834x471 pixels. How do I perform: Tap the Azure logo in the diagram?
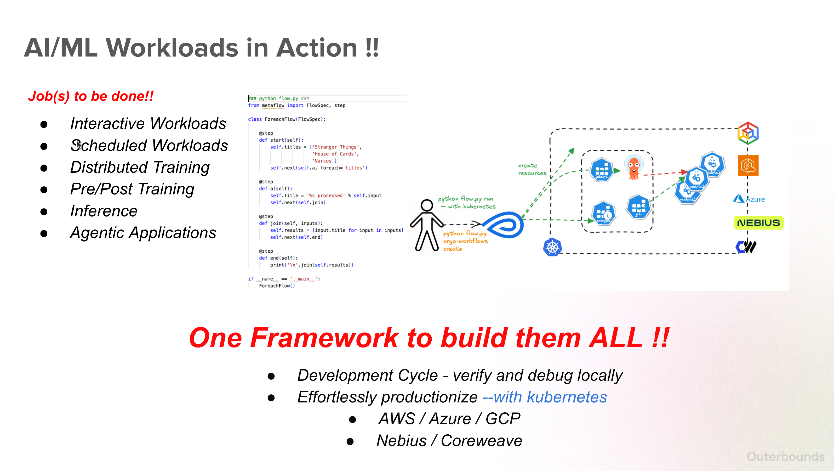(749, 199)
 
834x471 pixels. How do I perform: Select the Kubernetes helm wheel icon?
(552, 248)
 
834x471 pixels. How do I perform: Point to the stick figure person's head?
(427, 205)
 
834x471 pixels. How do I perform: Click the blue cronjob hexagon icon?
(603, 213)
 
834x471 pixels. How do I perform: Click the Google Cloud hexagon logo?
(748, 133)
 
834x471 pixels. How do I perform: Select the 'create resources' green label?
(532, 169)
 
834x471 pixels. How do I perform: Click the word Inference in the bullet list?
(104, 211)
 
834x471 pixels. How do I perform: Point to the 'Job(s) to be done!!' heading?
(91, 96)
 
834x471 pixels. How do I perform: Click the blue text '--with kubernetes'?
(545, 397)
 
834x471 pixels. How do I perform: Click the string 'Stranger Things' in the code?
(335, 147)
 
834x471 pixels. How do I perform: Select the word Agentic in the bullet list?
(97, 233)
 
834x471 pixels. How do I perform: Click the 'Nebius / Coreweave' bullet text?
(449, 441)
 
